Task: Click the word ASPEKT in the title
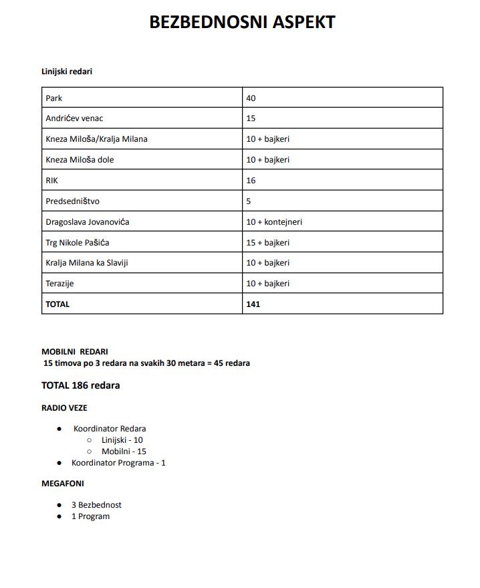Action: [x=300, y=21]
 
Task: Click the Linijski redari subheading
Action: [x=67, y=71]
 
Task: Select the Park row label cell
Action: [x=54, y=98]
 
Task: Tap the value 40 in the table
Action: [x=251, y=98]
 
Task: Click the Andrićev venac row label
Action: [x=74, y=118]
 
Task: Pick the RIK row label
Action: [x=52, y=181]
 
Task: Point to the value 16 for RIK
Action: [x=251, y=181]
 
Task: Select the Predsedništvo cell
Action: [x=72, y=201]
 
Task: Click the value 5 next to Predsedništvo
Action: [x=249, y=201]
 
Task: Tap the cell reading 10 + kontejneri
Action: [x=274, y=222]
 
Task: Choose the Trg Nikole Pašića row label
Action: [x=78, y=242]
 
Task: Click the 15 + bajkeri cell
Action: [x=267, y=242]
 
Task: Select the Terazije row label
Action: [x=59, y=284]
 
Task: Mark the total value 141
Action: [x=253, y=304]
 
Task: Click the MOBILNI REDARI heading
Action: [x=74, y=351]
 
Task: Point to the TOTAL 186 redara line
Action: [x=80, y=385]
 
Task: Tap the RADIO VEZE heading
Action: [x=64, y=407]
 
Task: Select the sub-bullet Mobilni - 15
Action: [x=124, y=452]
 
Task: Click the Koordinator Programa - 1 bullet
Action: [x=118, y=463]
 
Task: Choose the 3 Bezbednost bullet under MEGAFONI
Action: [x=96, y=505]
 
